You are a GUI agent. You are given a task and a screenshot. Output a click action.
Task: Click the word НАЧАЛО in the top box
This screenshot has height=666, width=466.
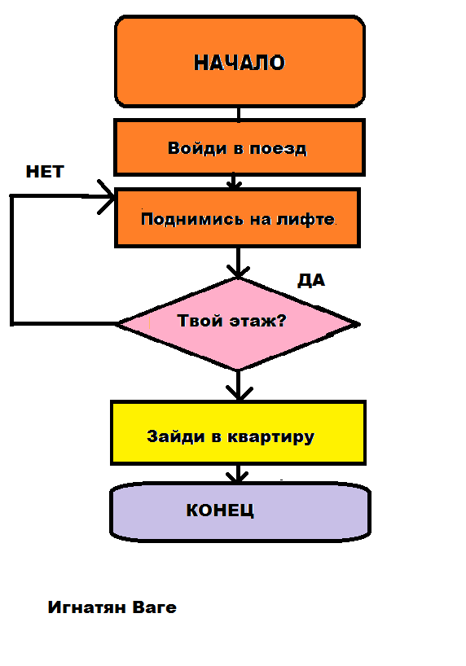point(240,63)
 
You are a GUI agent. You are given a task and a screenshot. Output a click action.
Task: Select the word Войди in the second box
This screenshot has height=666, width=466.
point(191,148)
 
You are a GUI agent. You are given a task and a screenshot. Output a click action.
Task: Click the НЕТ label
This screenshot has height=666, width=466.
point(45,172)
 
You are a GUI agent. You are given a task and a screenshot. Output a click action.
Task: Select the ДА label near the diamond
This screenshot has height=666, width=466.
point(311,281)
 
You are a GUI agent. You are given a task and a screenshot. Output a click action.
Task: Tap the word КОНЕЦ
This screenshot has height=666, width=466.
point(221,510)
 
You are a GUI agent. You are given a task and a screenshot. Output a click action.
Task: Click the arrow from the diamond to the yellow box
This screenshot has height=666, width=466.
point(237,384)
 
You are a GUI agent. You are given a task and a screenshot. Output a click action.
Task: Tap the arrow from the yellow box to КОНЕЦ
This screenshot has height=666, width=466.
point(237,474)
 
